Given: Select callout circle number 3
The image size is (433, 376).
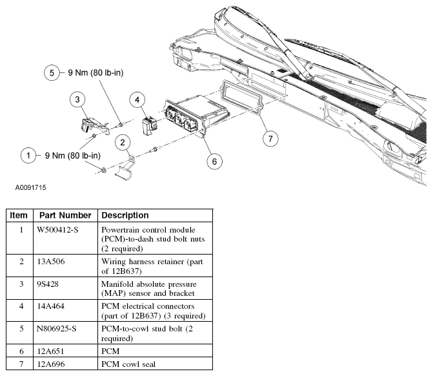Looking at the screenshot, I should click(77, 99).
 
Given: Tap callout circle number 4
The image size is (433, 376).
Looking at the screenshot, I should click(137, 99).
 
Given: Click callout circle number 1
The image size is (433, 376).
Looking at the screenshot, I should click(28, 155).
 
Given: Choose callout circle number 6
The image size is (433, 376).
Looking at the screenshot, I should click(210, 160).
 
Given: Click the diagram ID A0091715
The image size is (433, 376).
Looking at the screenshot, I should click(31, 188).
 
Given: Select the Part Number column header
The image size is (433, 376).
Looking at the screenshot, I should click(65, 215).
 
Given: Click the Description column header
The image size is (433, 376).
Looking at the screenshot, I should click(125, 215).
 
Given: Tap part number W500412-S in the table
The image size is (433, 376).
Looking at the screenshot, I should click(59, 229).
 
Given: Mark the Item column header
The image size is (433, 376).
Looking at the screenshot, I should click(19, 215).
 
